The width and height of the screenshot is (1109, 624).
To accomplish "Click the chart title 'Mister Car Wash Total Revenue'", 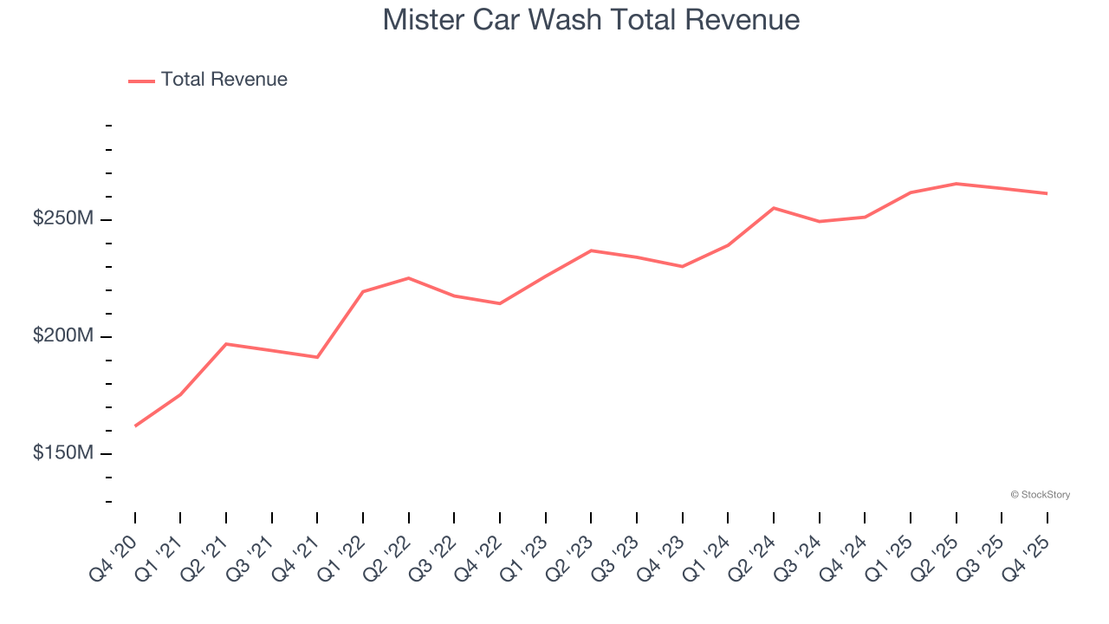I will tap(591, 20).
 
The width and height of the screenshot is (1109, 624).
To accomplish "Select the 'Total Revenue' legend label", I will tap(224, 80).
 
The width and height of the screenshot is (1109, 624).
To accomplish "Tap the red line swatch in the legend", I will tap(141, 81).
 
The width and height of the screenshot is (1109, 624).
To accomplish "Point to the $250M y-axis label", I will tap(62, 219).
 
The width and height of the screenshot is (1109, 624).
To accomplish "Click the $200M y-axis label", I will tap(62, 336).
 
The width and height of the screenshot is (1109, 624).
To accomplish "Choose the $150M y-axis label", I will tap(62, 453).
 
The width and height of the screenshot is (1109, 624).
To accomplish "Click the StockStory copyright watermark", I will tap(1040, 495).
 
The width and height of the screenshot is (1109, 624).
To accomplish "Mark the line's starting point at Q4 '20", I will tap(135, 426).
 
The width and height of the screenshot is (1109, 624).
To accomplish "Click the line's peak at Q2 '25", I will tap(956, 184).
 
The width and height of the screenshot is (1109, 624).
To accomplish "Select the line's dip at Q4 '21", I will tap(318, 357).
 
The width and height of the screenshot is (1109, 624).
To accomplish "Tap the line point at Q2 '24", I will tap(774, 208).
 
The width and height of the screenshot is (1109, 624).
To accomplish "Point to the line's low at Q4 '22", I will tap(500, 303).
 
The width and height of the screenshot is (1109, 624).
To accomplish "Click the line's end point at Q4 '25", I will tap(1047, 193).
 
